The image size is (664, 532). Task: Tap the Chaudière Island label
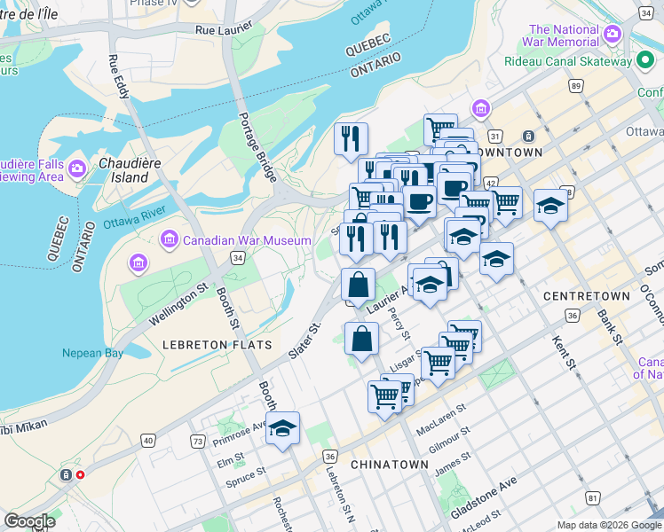pyautogui.click(x=123, y=170)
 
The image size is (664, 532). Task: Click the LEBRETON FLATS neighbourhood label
pyautogui.click(x=204, y=344)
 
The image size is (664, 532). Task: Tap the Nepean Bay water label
pyautogui.click(x=92, y=353)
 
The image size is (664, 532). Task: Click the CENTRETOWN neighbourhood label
pyautogui.click(x=586, y=295)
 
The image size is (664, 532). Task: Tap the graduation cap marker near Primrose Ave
pyautogui.click(x=282, y=428)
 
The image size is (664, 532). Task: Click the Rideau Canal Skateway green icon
pyautogui.click(x=645, y=60)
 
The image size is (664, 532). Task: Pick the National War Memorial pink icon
pyautogui.click(x=612, y=35)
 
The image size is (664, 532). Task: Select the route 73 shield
pyautogui.click(x=198, y=441)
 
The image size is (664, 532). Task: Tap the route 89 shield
pyautogui.click(x=577, y=86)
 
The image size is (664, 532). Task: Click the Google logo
pyautogui.click(x=29, y=520)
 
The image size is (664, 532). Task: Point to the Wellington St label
pyautogui.click(x=178, y=301)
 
